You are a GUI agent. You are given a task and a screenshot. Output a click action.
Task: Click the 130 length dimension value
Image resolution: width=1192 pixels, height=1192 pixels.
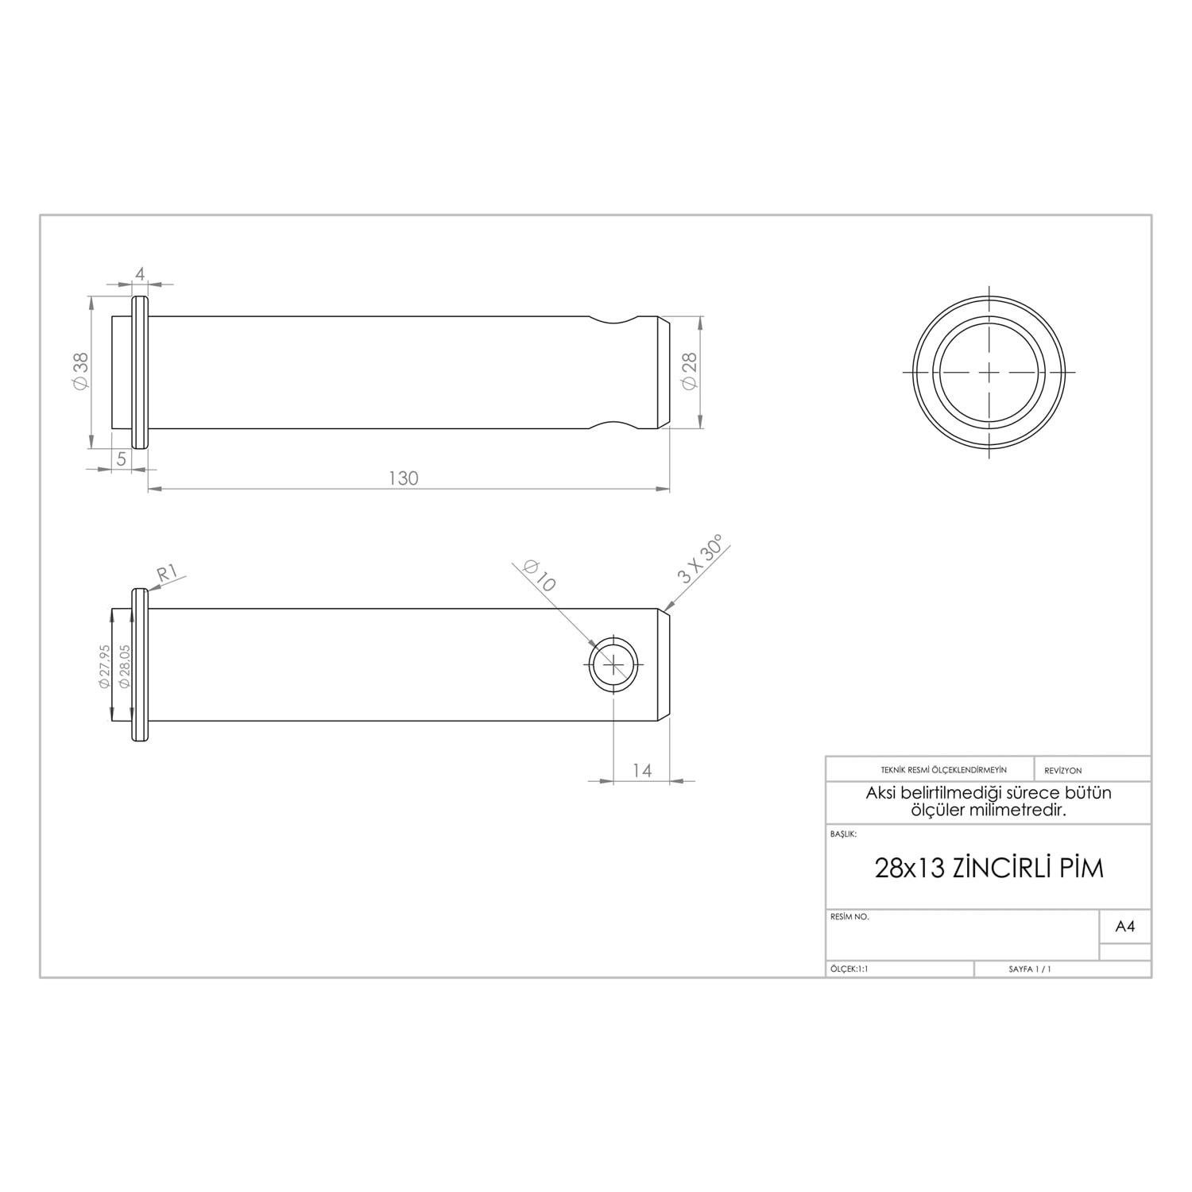[x=403, y=478]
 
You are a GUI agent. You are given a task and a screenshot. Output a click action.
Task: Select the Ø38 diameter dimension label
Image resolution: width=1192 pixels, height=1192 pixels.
[x=80, y=371]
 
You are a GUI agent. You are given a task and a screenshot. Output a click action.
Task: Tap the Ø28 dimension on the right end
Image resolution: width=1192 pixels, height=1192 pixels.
[x=689, y=371]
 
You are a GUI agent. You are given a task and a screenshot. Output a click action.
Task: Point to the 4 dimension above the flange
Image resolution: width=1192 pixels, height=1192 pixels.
[x=140, y=274]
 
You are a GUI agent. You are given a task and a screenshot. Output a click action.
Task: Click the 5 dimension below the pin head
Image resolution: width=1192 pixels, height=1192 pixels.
[x=122, y=459]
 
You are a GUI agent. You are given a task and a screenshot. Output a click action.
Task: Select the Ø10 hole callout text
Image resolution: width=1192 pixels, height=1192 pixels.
[x=540, y=575]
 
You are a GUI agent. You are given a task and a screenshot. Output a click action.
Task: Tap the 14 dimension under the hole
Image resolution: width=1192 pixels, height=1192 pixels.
[x=642, y=770]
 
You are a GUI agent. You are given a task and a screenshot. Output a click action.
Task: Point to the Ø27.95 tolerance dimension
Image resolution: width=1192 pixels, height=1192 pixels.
[x=104, y=666]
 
